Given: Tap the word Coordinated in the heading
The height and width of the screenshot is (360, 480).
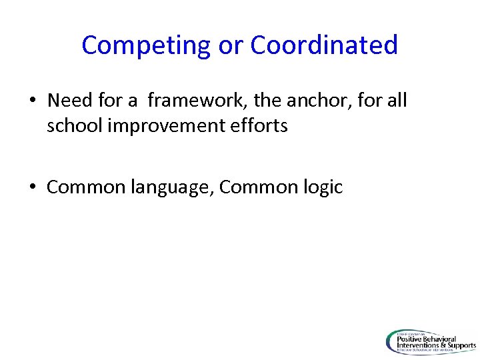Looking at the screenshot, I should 325,45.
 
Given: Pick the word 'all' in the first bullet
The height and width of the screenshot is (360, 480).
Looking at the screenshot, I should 395,101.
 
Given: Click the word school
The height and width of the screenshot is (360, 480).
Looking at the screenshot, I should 73,125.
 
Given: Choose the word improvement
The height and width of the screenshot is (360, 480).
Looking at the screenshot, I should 165,125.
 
